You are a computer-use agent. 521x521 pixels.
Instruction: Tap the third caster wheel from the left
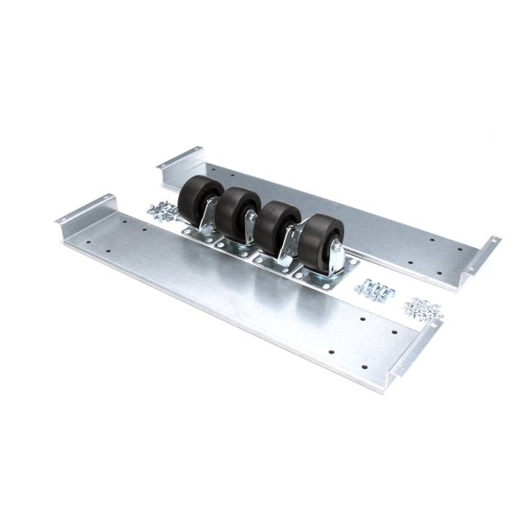point(274,224)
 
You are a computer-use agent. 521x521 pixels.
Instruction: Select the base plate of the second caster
point(233,244)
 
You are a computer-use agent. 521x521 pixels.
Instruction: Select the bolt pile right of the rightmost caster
point(376,290)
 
